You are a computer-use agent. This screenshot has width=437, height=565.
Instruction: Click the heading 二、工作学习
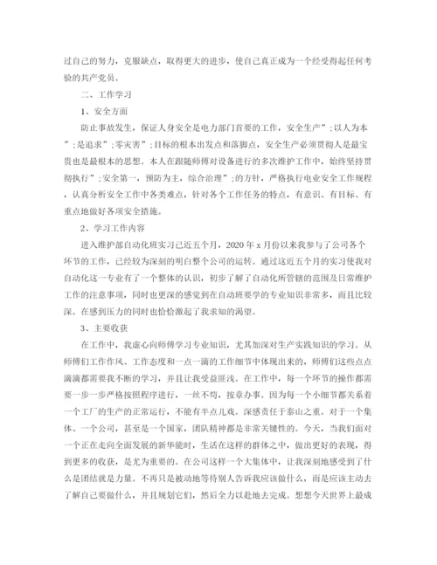103,93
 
